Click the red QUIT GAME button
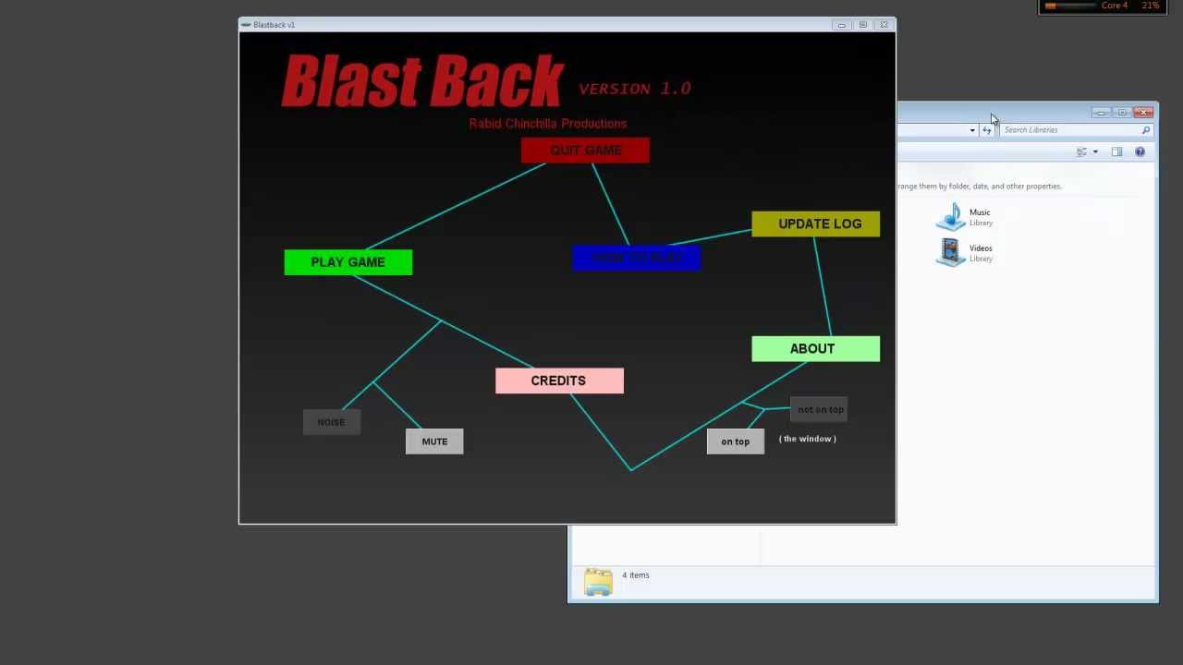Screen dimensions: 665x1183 (x=585, y=151)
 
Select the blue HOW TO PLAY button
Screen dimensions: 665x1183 (x=636, y=258)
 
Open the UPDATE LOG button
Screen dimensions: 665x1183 (x=816, y=224)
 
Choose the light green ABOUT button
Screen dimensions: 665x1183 (x=815, y=349)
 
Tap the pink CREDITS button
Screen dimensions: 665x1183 (x=559, y=381)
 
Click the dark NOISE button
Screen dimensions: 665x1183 (x=331, y=422)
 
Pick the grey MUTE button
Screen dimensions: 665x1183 (x=434, y=441)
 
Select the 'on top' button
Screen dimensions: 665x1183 (x=736, y=441)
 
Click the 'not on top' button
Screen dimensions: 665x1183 (x=820, y=409)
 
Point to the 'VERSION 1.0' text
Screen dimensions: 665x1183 (x=635, y=89)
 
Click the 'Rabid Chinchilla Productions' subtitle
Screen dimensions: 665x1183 (x=547, y=124)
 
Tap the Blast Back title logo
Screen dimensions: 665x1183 (x=422, y=81)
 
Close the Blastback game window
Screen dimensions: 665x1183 (x=884, y=25)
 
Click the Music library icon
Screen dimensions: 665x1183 (x=951, y=217)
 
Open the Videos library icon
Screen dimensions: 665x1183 (x=951, y=252)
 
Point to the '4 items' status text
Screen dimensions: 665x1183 (x=636, y=575)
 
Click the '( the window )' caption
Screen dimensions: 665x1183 (x=808, y=439)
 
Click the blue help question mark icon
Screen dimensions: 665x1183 (x=1140, y=152)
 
